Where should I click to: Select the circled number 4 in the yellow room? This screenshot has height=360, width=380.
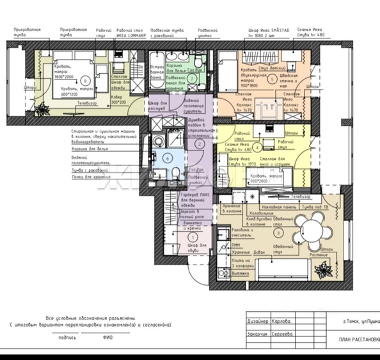257,146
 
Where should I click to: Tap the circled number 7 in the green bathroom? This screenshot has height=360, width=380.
191,78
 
